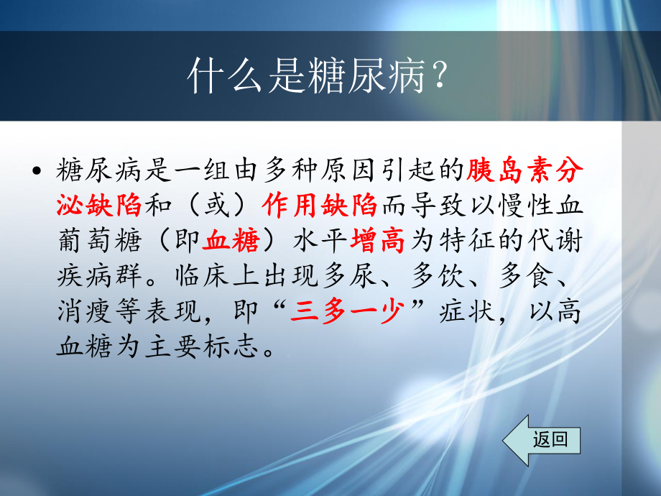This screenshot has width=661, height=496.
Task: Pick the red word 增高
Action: [x=379, y=242]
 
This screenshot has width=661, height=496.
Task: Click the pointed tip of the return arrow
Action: [x=504, y=440]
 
